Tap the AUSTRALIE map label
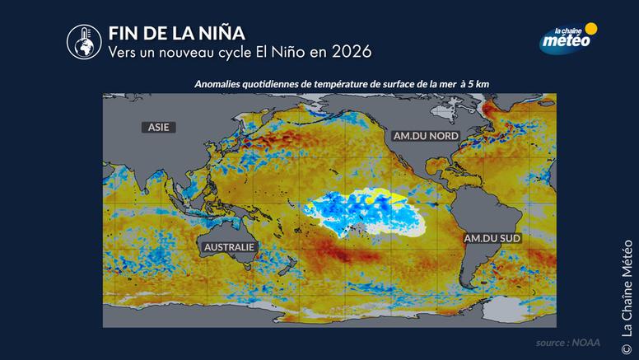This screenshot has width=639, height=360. tap(230, 246)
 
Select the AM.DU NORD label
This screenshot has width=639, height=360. tap(418, 133)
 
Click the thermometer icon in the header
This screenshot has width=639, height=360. tap(82, 40)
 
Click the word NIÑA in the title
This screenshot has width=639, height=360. tap(209, 33)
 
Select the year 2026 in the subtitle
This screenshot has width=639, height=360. tap(351, 51)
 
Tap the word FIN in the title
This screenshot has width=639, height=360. tap(124, 33)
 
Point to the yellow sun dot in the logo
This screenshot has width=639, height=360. tap(590, 29)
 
